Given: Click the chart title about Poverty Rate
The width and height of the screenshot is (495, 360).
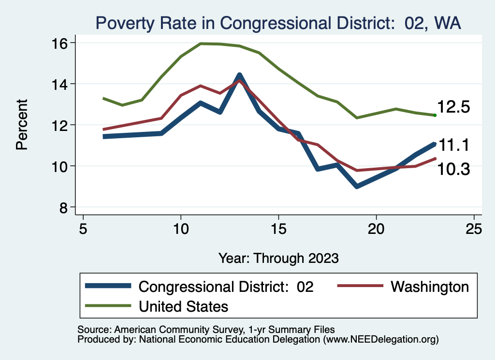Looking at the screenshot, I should pyautogui.click(x=278, y=23).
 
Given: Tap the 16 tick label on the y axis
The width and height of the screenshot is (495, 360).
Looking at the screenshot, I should pyautogui.click(x=59, y=43).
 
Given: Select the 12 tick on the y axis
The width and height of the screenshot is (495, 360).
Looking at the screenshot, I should pyautogui.click(x=59, y=125).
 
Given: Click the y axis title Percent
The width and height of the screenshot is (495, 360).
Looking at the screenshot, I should pyautogui.click(x=22, y=124).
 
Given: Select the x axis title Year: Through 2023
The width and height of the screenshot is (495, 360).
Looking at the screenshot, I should pyautogui.click(x=278, y=258).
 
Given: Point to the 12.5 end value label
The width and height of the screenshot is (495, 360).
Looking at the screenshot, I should pyautogui.click(x=453, y=107).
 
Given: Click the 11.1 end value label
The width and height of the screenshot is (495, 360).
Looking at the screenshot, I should pyautogui.click(x=453, y=145).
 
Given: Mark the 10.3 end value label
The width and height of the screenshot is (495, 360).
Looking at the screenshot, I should pyautogui.click(x=453, y=169).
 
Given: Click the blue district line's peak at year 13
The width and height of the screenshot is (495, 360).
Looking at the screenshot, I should pyautogui.click(x=239, y=75).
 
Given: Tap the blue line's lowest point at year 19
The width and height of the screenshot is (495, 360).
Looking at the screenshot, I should pyautogui.click(x=357, y=186).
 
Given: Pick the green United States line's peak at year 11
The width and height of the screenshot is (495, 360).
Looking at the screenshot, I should pyautogui.click(x=201, y=43).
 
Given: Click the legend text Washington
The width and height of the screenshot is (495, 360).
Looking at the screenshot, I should pyautogui.click(x=429, y=287).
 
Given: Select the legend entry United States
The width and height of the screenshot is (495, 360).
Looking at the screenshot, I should pyautogui.click(x=183, y=306).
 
